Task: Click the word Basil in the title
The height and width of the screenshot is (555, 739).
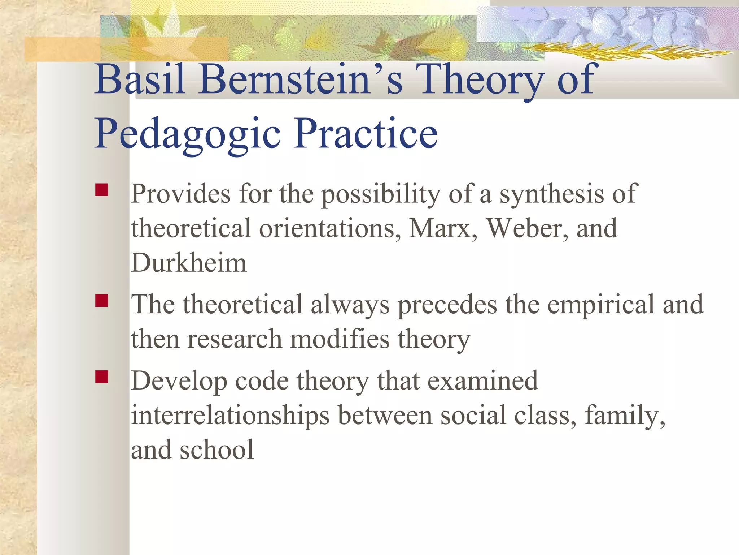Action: click(140, 79)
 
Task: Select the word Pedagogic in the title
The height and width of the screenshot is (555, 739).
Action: click(188, 134)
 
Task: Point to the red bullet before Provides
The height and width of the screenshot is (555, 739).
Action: click(102, 190)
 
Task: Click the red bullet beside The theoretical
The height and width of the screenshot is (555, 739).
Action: click(102, 301)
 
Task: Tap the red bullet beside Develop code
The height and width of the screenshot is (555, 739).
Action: click(102, 377)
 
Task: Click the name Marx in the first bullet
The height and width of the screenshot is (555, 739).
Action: click(442, 228)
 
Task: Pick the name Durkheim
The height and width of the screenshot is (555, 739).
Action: click(189, 263)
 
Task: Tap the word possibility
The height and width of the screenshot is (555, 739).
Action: click(381, 194)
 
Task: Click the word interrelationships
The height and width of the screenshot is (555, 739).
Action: click(230, 416)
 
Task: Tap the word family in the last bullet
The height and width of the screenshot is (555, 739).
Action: click(624, 416)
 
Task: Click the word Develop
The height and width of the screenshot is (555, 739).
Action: click(179, 382)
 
